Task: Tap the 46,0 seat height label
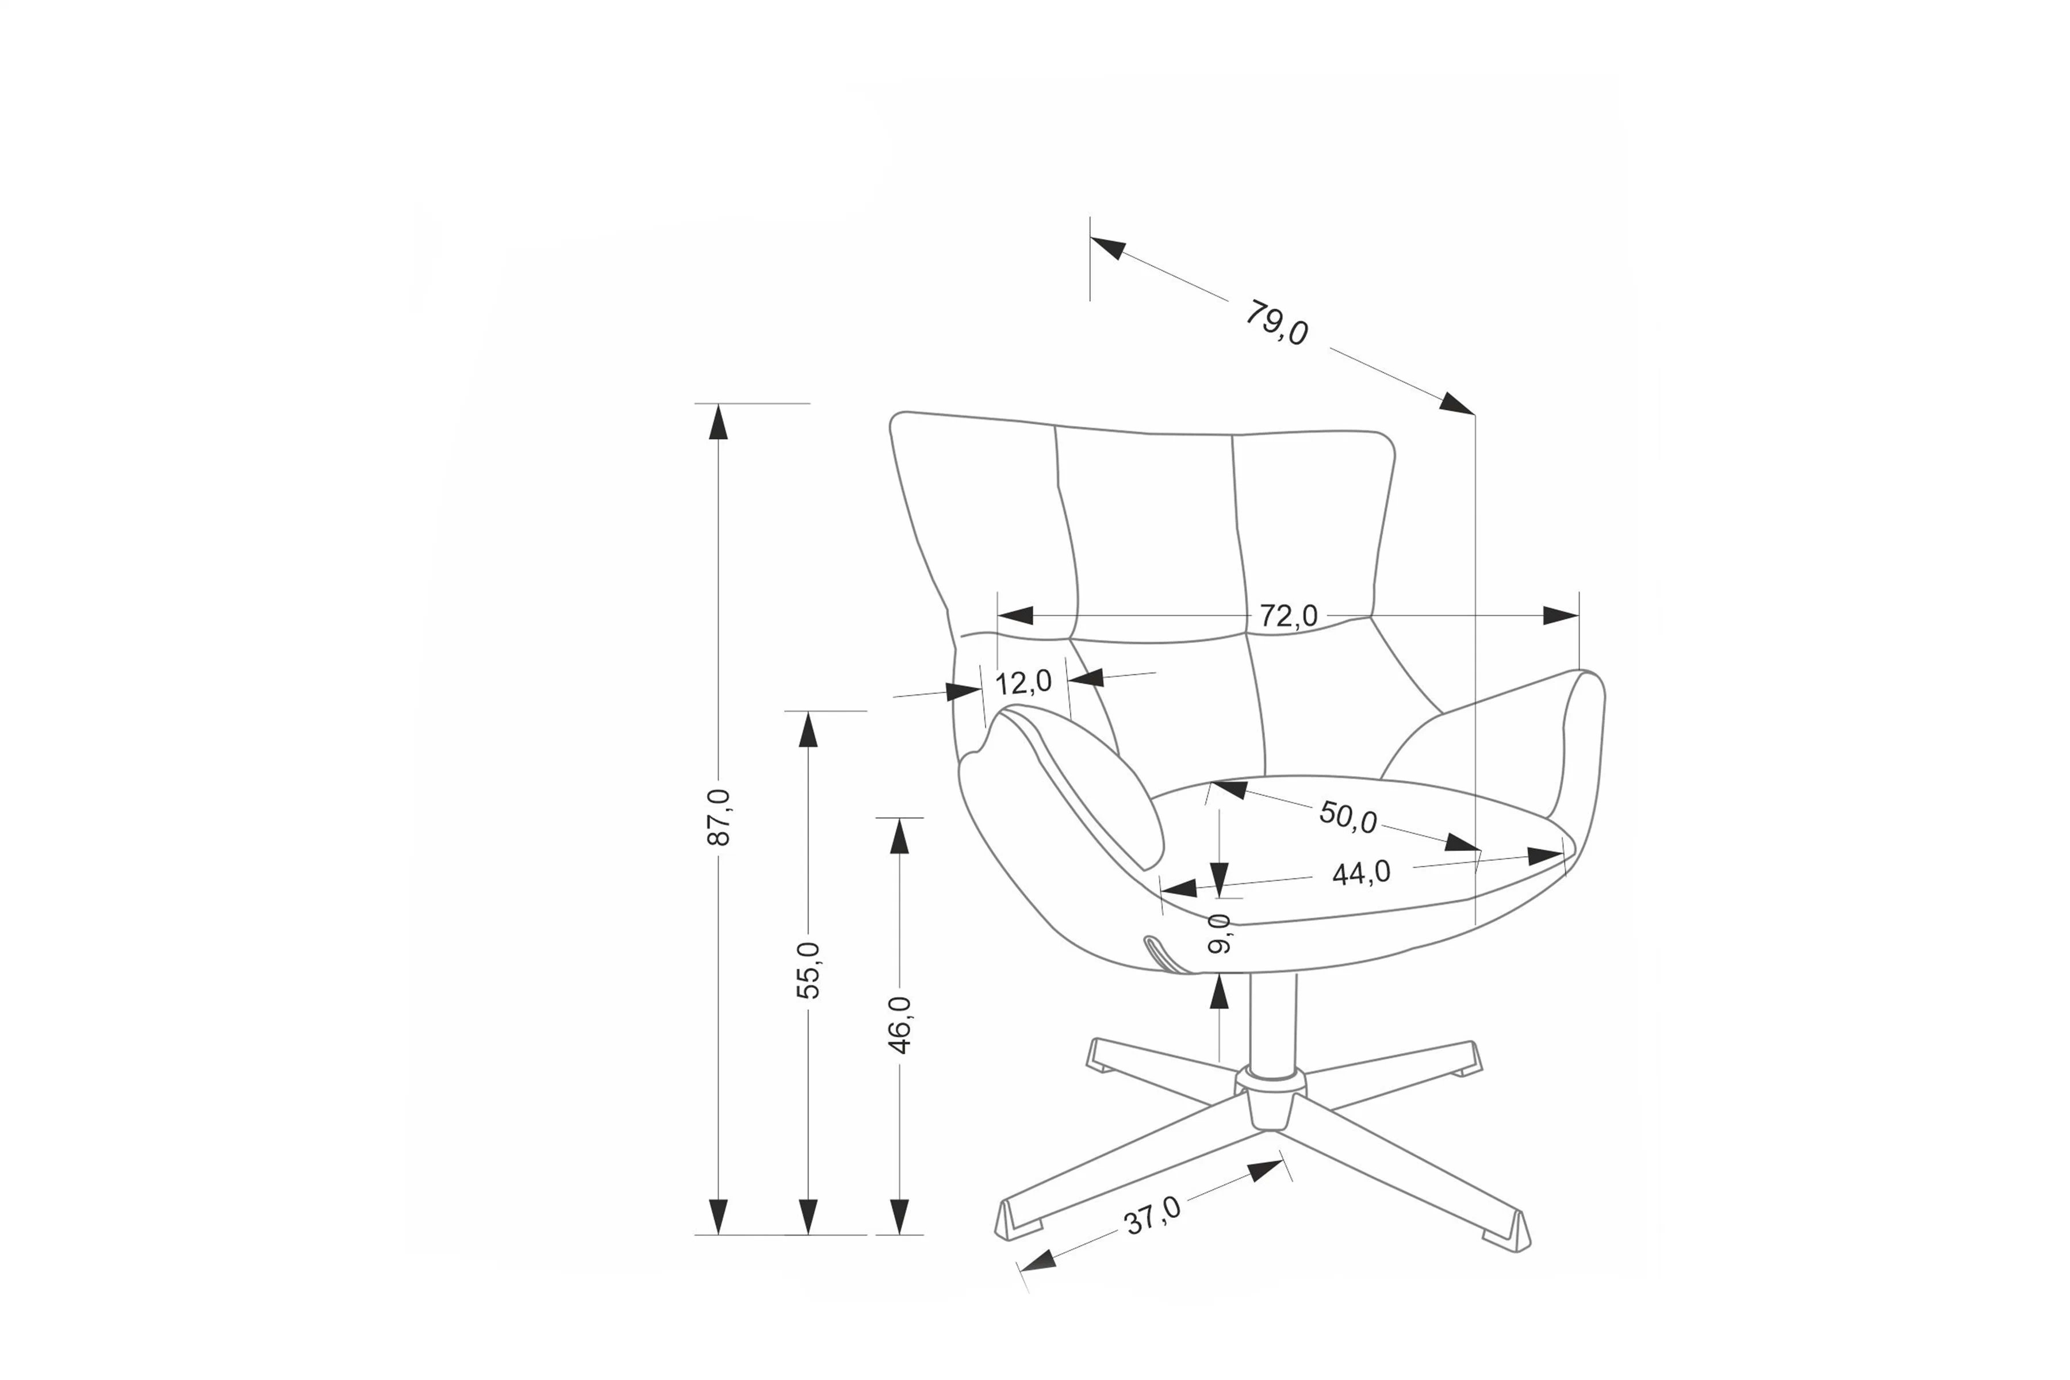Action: (x=899, y=1025)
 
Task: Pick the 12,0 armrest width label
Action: (x=1023, y=682)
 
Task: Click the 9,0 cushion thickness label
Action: (x=1219, y=934)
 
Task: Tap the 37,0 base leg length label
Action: (x=1153, y=1216)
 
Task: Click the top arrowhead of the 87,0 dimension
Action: (x=719, y=423)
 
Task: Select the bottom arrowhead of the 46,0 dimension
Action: (x=899, y=1216)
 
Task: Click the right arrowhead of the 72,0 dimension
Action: (x=1561, y=616)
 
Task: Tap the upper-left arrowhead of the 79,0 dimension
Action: (x=1108, y=248)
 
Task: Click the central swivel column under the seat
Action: (x=1272, y=1021)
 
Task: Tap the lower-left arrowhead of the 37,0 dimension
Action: (x=1038, y=1260)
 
